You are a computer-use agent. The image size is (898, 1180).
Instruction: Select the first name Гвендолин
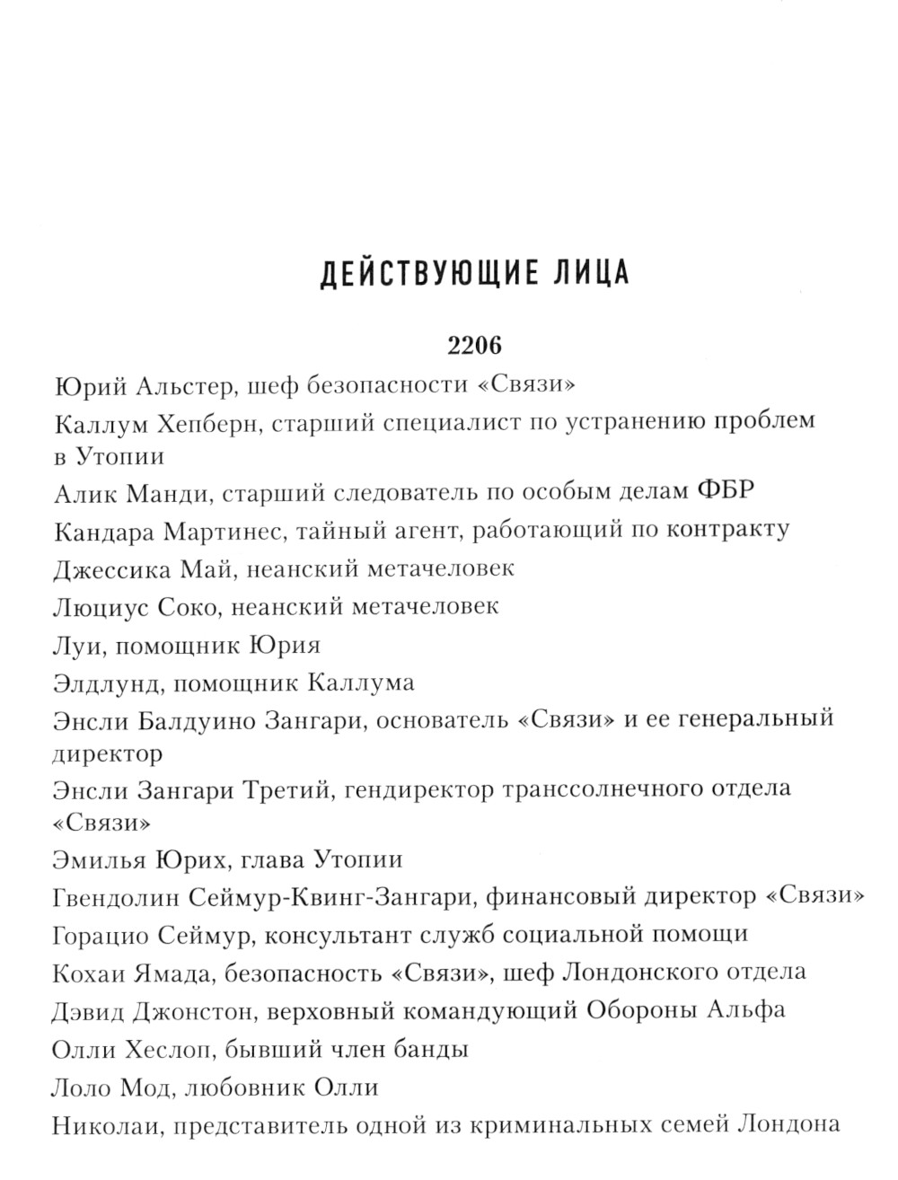coord(122,896)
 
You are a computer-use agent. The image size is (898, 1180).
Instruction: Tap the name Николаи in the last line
coord(106,1124)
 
